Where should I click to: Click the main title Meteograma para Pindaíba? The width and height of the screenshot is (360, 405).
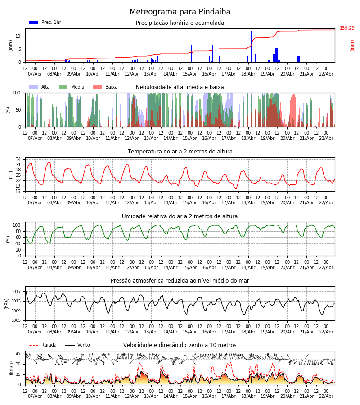point(180,12)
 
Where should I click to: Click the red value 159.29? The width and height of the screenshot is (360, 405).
point(347,28)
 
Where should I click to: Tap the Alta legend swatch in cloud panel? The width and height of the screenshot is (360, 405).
point(33,87)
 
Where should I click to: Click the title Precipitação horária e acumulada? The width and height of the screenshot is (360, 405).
point(180,23)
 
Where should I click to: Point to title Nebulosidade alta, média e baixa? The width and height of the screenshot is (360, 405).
point(180,87)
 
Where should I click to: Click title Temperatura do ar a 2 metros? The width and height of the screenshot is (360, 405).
point(180,152)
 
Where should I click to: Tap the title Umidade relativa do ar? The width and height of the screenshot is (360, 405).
point(180,216)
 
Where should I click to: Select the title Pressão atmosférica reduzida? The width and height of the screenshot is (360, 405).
point(180,281)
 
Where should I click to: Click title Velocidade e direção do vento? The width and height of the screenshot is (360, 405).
point(180,345)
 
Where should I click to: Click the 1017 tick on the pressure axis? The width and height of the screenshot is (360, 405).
point(17,292)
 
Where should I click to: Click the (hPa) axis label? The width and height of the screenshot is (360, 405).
point(7,303)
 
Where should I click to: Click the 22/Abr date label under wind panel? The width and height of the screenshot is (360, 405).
point(326,396)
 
